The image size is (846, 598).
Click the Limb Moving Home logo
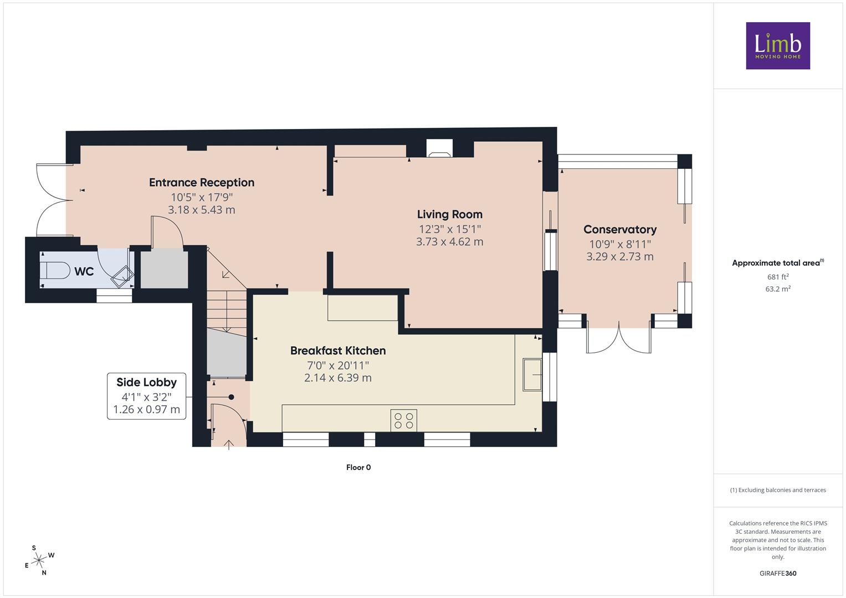coord(778,45)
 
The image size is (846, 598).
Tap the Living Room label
coord(449,214)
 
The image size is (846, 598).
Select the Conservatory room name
coord(620,230)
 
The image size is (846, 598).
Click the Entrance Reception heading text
coord(202,183)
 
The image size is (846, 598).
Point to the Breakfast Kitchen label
coord(338,350)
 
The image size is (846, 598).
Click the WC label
coord(84,271)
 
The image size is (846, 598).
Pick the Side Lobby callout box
coord(146,396)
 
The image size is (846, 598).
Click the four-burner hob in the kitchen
coord(404,421)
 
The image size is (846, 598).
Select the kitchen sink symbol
coord(532,374)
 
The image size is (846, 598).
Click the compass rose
coord(39,560)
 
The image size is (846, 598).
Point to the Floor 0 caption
coord(358,467)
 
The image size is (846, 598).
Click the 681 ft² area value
coord(778,277)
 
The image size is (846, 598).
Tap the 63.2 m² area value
coord(778,289)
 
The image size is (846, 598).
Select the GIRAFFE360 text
coord(778,573)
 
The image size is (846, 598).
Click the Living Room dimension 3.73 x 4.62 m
coord(449,241)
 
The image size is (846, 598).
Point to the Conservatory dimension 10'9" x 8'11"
coord(620,244)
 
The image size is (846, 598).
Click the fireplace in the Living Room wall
coord(439,148)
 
